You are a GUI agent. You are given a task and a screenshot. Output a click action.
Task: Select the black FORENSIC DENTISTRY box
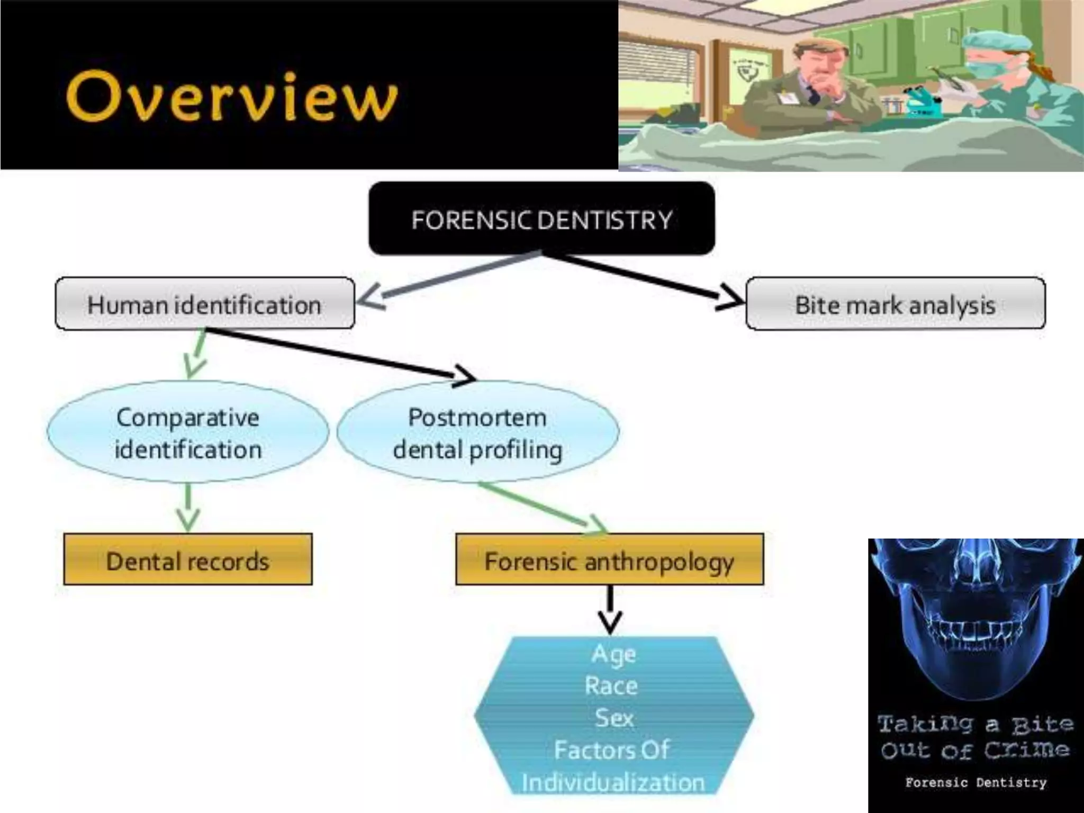(541, 218)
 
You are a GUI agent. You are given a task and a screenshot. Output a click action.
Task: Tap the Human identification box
(205, 304)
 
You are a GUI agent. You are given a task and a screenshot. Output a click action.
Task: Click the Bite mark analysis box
(895, 304)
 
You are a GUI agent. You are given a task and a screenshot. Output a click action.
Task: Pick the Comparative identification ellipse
(188, 432)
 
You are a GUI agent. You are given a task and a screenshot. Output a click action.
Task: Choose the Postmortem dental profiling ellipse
(477, 432)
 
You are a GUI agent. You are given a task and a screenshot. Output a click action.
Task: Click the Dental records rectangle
(188, 560)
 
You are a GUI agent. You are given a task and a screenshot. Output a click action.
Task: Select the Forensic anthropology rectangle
(609, 560)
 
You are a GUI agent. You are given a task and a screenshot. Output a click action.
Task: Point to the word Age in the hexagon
(613, 654)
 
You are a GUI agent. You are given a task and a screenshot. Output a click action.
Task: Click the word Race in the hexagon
(611, 686)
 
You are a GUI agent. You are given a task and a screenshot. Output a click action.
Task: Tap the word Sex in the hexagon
(613, 718)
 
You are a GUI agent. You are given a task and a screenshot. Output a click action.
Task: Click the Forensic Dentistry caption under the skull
(975, 782)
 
